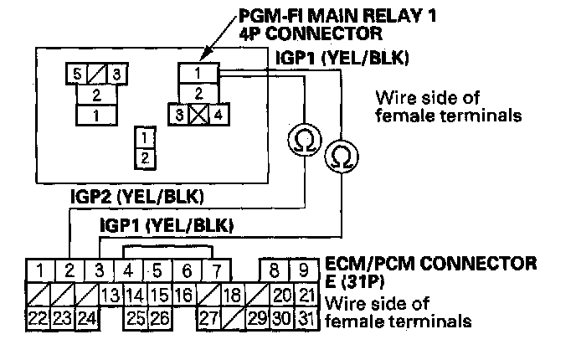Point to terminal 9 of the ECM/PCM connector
pos(306,270)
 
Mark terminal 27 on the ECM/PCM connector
pos(208,318)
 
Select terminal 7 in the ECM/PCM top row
pos(216,270)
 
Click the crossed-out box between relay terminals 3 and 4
pos(198,116)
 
